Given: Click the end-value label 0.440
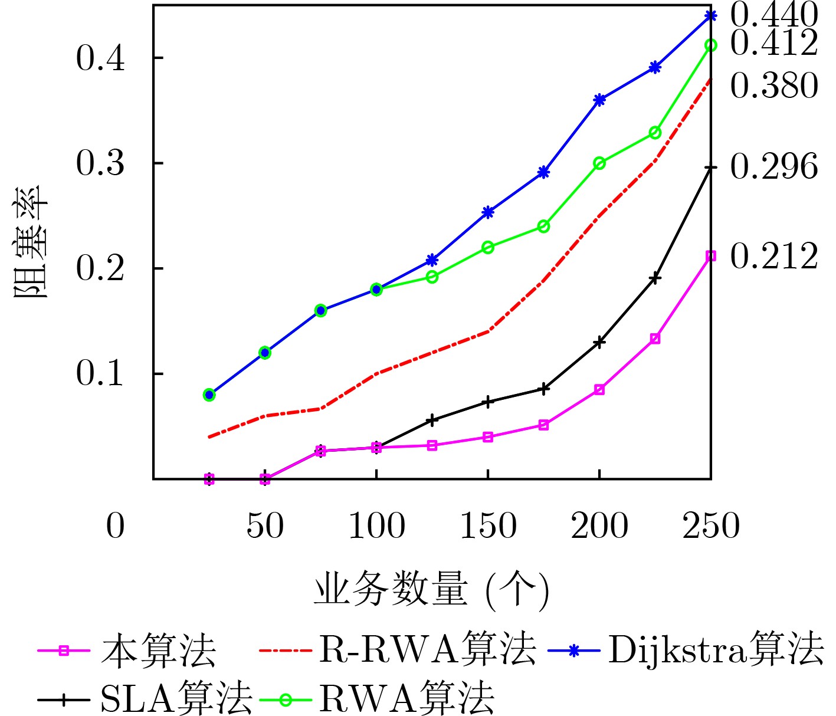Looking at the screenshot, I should [773, 16].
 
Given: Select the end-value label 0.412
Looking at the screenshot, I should [773, 43].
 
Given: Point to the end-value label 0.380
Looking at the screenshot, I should [773, 86].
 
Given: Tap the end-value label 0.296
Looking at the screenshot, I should [773, 167].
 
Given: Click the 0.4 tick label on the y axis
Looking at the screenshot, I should [100, 58].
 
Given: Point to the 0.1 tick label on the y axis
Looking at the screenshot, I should [100, 373].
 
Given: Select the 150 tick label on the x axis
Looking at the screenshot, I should [488, 526].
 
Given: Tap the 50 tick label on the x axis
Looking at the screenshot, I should [265, 526].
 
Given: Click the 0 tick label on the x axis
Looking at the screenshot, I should [116, 526].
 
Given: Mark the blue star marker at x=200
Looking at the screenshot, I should [599, 100].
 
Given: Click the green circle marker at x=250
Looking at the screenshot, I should [710, 45].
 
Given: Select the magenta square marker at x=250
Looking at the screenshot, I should [710, 256].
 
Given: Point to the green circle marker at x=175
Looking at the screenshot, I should [543, 226].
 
